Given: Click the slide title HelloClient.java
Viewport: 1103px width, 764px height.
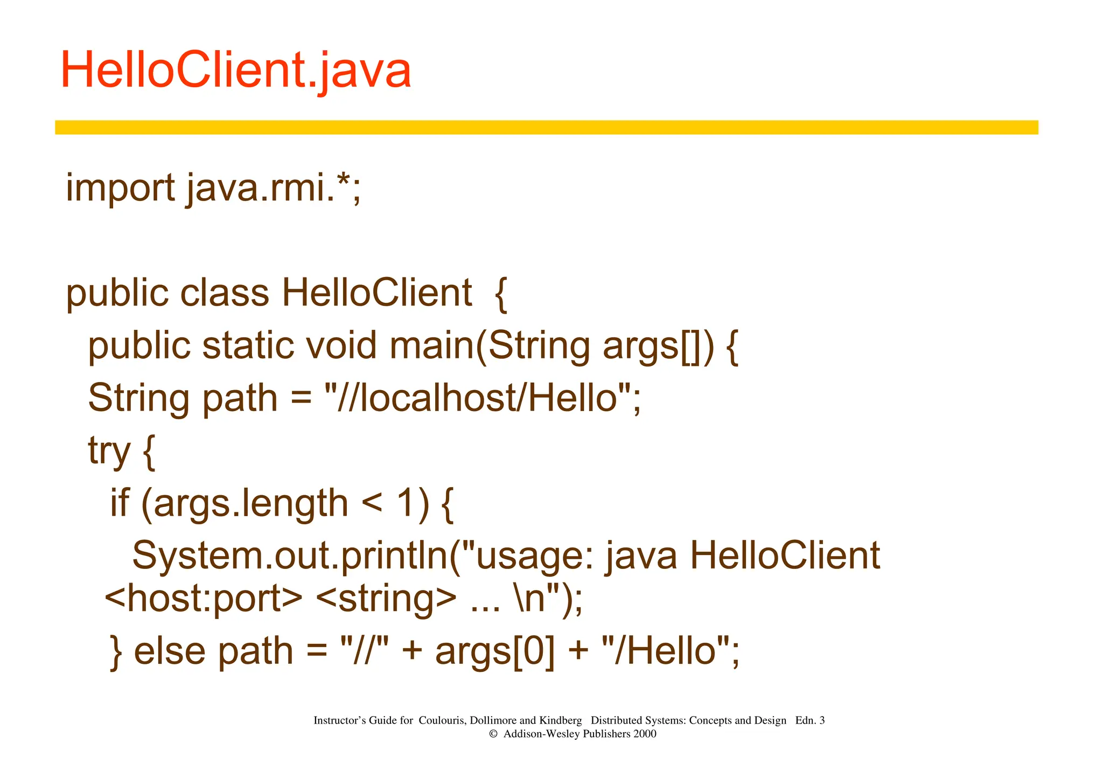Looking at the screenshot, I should pos(236,71).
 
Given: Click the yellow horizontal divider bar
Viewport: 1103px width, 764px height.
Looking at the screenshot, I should pos(546,127).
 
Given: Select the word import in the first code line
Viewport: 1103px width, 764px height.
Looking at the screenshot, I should pos(120,189).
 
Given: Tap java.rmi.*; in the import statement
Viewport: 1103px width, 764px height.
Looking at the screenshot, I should pos(274,189).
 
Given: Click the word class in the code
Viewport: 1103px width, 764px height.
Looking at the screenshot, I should pos(224,294).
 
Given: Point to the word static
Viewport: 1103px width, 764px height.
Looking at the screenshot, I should pos(248,345).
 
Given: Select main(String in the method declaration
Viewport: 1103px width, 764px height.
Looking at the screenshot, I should pos(490,345).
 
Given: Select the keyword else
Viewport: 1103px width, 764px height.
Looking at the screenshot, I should pos(170,651).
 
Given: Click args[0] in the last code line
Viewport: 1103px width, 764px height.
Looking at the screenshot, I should pos(495,651).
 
